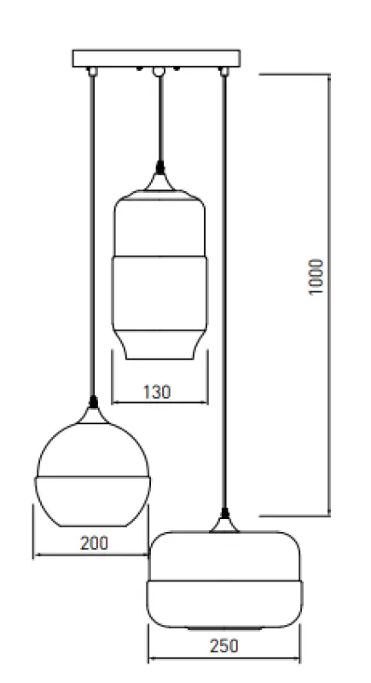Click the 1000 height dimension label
coord(317,276)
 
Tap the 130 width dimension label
coord(156,392)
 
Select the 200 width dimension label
coord(94,543)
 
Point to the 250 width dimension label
coord(223,646)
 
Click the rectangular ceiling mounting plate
coord(157,60)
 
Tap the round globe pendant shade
coord(93,469)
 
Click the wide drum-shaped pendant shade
coord(224,581)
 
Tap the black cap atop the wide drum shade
coord(224,514)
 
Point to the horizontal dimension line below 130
coord(160,402)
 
